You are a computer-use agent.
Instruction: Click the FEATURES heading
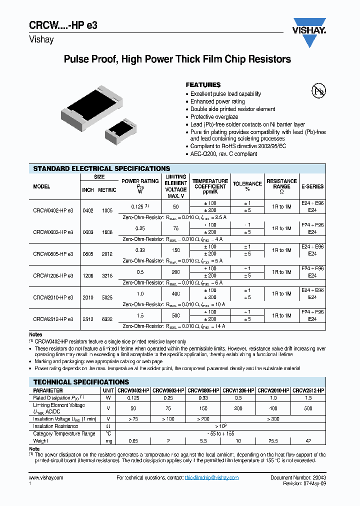(203, 85)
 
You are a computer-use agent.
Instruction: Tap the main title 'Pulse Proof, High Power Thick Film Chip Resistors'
(177, 59)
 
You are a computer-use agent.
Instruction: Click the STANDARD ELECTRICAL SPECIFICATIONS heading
(101, 169)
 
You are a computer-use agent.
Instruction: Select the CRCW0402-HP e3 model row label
(53, 210)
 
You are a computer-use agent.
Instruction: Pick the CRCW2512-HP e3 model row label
(53, 319)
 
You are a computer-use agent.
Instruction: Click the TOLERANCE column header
(247, 186)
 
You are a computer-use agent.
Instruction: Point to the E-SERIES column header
(312, 186)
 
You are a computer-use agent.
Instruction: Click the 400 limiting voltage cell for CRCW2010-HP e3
(175, 294)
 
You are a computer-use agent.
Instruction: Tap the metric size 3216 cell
(107, 275)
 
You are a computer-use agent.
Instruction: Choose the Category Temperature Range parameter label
(64, 434)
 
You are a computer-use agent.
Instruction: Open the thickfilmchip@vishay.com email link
(211, 478)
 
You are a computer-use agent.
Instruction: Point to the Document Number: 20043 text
(298, 478)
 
